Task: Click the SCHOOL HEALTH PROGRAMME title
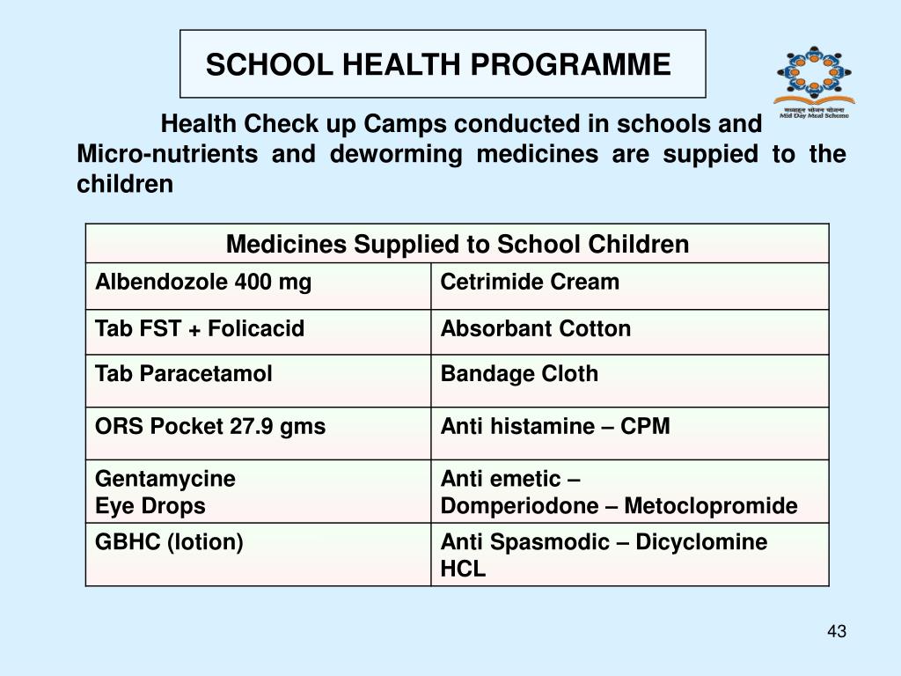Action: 438,64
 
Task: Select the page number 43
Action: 837,632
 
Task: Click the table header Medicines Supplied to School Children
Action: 457,244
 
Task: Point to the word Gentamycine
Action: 165,479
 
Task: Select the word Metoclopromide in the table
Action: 732,506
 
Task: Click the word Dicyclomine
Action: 701,542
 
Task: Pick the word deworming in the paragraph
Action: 396,155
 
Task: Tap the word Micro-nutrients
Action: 167,155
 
